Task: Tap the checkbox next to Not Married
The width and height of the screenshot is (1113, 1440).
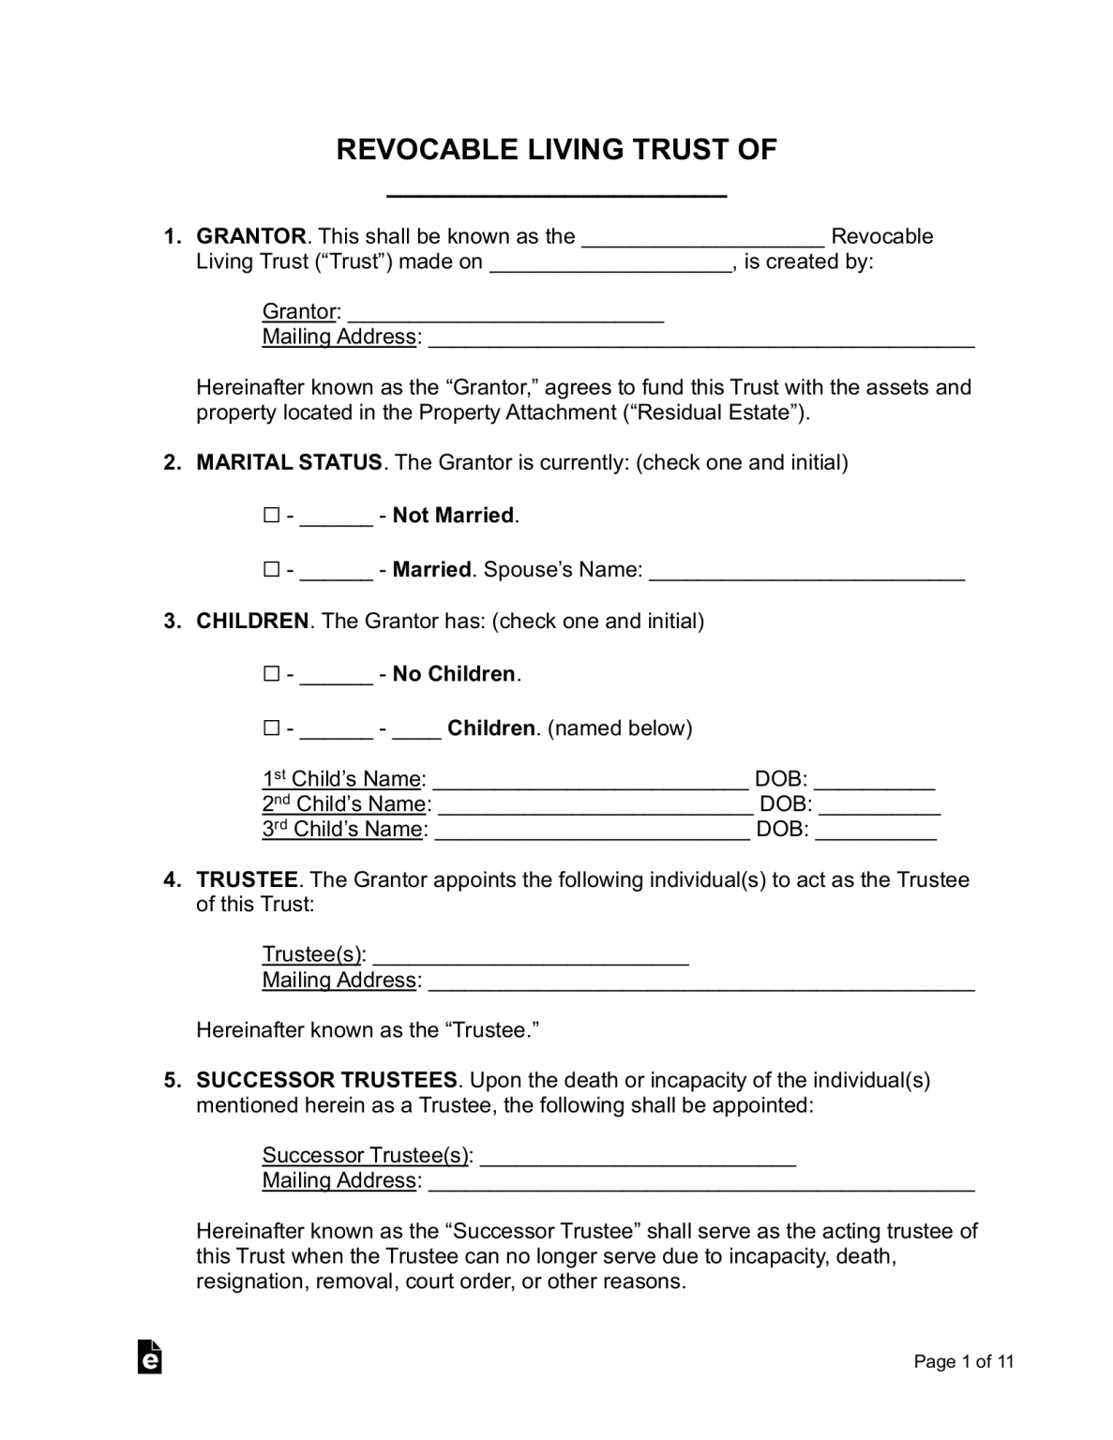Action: pos(272,516)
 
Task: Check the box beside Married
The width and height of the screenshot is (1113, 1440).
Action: pos(272,569)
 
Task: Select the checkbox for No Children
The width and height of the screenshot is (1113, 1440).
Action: pos(272,674)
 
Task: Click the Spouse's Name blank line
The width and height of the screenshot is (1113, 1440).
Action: pos(806,572)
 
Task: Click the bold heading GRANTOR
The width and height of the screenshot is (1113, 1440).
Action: pos(251,236)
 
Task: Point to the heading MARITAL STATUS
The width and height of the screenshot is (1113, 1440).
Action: pos(289,462)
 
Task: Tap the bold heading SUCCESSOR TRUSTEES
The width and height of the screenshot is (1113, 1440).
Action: pos(326,1080)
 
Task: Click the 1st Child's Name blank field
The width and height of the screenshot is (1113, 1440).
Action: pos(591,781)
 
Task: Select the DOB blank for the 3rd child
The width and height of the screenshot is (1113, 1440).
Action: pos(876,832)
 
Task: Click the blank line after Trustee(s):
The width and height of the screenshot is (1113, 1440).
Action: pos(531,957)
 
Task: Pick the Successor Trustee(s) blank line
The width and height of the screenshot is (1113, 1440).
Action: pos(638,1158)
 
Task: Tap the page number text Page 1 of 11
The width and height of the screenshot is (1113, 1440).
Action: pos(964,1362)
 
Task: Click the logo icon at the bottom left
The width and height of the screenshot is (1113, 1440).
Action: pos(149,1357)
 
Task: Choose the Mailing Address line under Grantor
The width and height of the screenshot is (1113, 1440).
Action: pos(701,339)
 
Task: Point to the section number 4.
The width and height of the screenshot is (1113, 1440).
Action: pos(172,879)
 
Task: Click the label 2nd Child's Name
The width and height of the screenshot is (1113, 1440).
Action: pos(344,804)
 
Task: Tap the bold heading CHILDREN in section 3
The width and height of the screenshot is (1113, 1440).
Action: pos(252,621)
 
